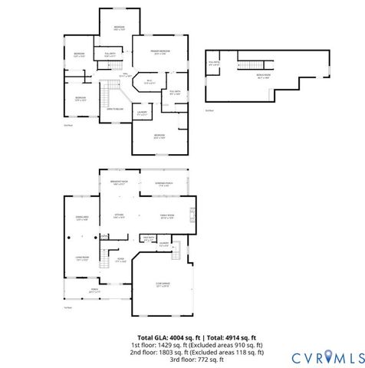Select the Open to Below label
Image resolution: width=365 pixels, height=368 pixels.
(x=115, y=110)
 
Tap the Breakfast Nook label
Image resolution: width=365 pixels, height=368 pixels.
(x=119, y=183)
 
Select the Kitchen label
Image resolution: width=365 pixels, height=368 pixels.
(x=119, y=215)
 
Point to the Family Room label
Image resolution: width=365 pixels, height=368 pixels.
(x=166, y=217)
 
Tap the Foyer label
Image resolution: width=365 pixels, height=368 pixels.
(x=120, y=260)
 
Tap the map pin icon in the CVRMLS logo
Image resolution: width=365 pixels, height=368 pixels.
(x=331, y=356)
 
